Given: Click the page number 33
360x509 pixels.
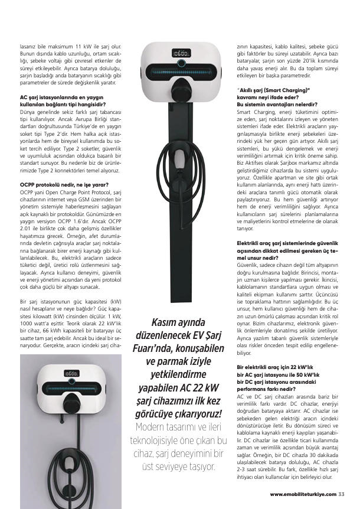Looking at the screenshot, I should [342, 494].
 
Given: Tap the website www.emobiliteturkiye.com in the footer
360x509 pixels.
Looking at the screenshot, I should [303, 494].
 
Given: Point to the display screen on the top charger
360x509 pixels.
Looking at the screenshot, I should [180, 53].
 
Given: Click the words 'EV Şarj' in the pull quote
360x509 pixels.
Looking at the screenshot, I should [201, 334].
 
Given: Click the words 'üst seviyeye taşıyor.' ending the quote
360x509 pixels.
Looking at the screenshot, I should [178, 466].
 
